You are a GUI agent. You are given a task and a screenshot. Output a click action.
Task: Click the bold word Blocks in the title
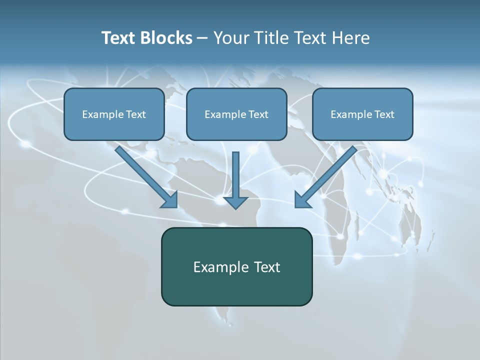click(x=166, y=38)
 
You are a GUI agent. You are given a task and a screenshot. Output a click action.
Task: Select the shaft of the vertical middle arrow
click(x=235, y=172)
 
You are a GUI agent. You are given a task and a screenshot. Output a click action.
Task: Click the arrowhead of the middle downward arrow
click(x=235, y=202)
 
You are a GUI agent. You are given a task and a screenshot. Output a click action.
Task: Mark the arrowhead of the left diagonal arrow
click(x=170, y=200)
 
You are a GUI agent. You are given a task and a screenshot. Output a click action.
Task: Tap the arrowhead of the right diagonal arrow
click(x=302, y=200)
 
